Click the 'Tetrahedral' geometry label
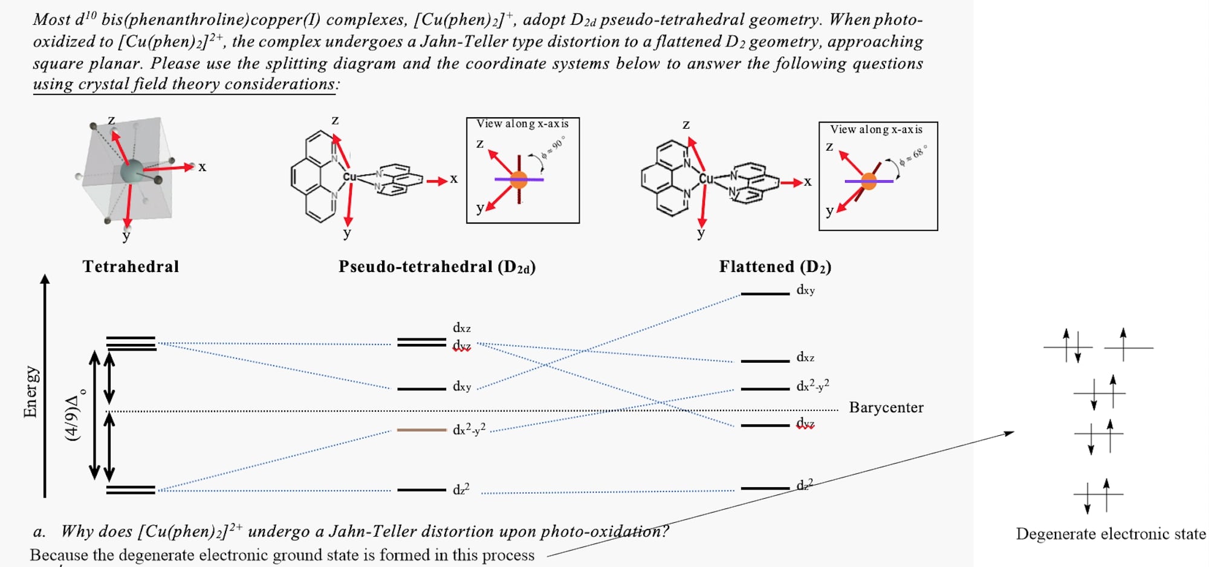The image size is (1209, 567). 131,267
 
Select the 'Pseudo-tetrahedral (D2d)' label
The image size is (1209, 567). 436,267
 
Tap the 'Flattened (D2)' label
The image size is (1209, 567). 775,267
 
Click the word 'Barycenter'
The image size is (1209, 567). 886,407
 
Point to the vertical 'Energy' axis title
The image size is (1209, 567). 30,392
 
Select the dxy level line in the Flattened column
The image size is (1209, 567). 765,294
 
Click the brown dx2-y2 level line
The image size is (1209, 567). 421,430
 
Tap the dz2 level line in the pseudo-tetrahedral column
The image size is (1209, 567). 421,490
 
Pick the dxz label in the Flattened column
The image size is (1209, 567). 805,357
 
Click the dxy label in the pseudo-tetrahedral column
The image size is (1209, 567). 462,386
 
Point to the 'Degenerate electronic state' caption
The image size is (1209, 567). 1110,534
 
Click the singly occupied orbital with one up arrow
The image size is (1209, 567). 1128,347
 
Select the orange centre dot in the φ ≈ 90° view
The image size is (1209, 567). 519,180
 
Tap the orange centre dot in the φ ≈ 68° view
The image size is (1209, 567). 869,181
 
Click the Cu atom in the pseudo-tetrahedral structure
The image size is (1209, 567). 349,177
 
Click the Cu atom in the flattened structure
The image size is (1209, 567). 705,178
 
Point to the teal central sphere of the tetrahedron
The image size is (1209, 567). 131,171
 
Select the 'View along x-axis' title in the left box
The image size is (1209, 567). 522,124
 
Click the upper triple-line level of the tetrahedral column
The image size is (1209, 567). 131,343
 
